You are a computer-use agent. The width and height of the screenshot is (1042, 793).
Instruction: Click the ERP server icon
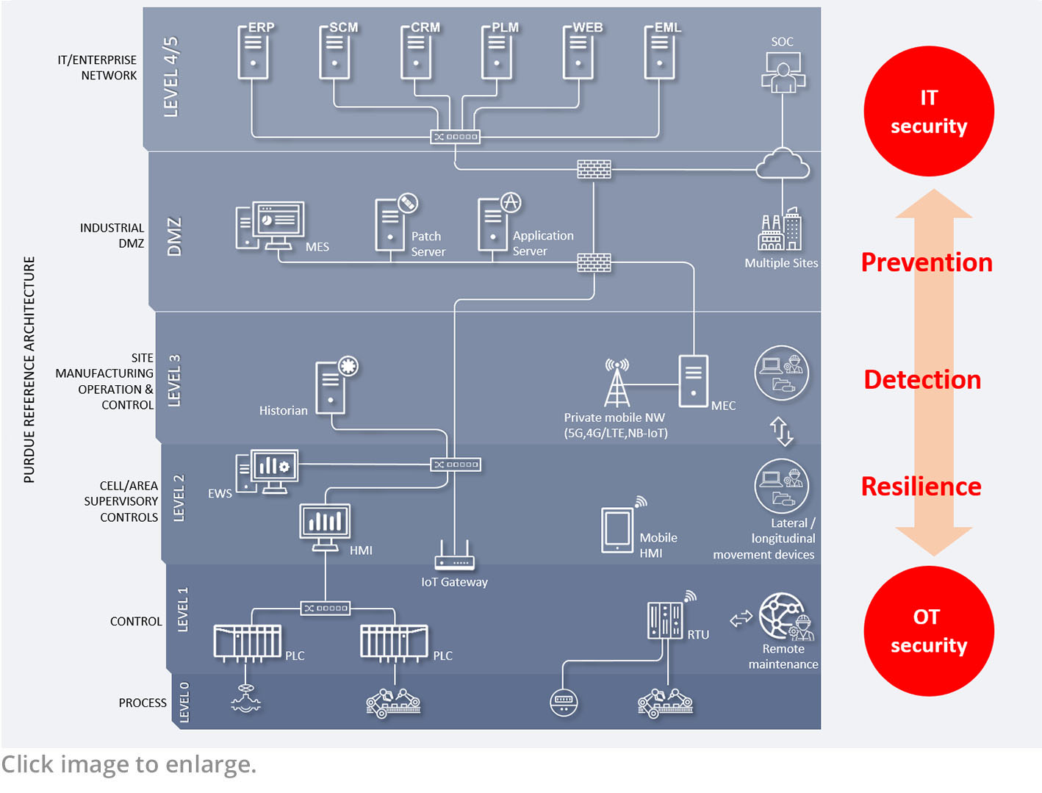[x=253, y=53]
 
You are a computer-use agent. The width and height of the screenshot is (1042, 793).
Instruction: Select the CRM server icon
[x=416, y=53]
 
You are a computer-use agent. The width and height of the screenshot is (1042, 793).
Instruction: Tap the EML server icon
[x=659, y=53]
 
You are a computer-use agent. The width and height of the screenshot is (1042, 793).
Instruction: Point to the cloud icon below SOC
[x=783, y=165]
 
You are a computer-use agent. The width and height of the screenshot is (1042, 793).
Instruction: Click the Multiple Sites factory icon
[x=780, y=231]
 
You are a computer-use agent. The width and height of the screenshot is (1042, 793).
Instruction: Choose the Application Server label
[x=543, y=243]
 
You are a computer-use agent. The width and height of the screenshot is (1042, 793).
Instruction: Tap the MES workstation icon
[x=270, y=226]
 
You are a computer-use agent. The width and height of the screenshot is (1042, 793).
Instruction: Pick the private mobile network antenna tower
[x=617, y=383]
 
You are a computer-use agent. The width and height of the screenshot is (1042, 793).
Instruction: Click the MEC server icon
[x=693, y=380]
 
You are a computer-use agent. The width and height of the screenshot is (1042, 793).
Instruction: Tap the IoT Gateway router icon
[x=454, y=556]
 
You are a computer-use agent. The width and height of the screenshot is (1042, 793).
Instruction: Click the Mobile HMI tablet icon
[x=617, y=530]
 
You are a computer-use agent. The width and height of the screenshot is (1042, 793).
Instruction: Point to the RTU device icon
[x=666, y=620]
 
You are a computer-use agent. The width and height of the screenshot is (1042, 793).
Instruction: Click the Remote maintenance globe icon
[x=783, y=617]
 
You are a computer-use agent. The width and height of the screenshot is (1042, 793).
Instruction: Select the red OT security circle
[x=929, y=631]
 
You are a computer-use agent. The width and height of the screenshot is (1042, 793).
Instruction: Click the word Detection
[x=922, y=379]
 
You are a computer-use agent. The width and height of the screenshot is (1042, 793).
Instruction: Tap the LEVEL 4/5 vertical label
[x=170, y=76]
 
